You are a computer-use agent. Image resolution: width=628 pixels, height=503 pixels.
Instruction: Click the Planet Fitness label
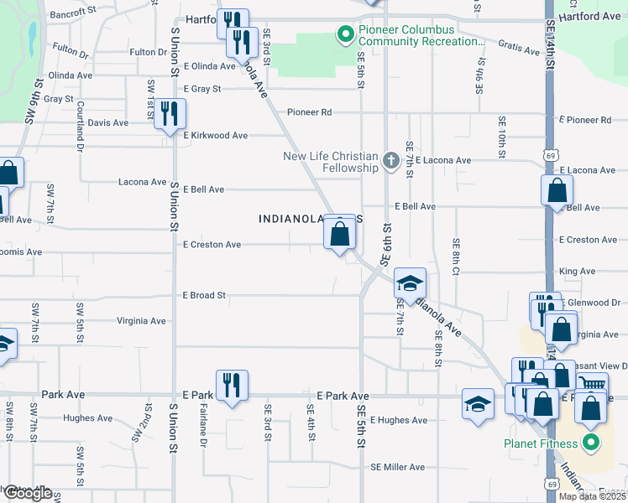pyautogui.click(x=540, y=443)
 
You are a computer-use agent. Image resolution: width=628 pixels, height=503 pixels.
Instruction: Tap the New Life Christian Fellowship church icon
pyautogui.click(x=390, y=159)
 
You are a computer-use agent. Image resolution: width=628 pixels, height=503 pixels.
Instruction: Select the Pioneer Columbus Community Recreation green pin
pyautogui.click(x=343, y=35)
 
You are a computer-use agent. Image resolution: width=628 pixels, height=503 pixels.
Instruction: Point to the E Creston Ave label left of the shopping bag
pyautogui.click(x=212, y=245)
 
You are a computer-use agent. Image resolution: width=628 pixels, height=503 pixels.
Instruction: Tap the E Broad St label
pyautogui.click(x=204, y=295)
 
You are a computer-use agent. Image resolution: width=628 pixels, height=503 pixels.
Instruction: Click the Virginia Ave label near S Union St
pyautogui.click(x=141, y=320)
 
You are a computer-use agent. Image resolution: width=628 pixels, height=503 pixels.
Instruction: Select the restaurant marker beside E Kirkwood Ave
pyautogui.click(x=170, y=113)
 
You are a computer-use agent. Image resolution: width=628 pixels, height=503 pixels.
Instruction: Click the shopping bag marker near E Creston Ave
pyautogui.click(x=339, y=233)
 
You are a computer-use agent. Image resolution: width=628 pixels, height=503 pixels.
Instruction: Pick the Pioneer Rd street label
pyautogui.click(x=309, y=112)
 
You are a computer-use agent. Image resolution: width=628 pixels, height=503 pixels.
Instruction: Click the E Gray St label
pyautogui.click(x=201, y=89)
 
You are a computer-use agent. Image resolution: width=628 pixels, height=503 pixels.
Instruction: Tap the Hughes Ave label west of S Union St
pyautogui.click(x=86, y=418)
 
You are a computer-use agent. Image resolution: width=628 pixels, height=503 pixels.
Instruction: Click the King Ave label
pyautogui.click(x=576, y=272)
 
